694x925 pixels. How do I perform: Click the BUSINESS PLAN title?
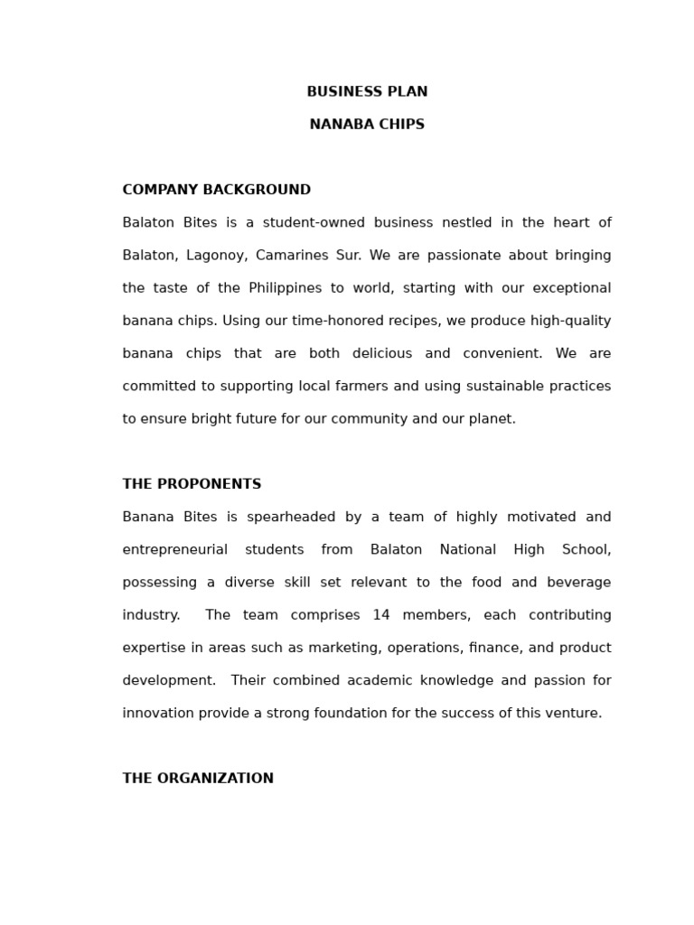pos(367,92)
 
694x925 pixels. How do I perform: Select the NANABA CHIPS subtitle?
pos(367,125)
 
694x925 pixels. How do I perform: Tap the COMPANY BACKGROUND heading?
pos(216,190)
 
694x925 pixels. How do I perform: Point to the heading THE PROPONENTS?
pos(192,484)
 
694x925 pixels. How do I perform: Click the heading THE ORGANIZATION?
pos(198,779)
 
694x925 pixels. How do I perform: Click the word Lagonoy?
pos(218,256)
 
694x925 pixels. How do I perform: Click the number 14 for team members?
pos(380,615)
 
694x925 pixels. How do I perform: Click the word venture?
pos(575,714)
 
